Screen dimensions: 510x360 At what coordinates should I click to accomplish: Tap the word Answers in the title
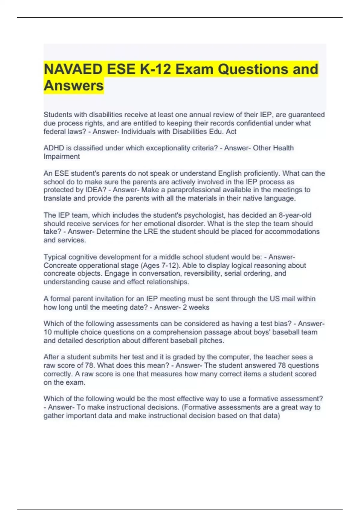pyautogui.click(x=74, y=85)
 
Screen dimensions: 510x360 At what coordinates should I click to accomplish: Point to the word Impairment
pyautogui.click(x=61, y=156)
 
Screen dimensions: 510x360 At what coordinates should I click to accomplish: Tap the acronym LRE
pyautogui.click(x=150, y=232)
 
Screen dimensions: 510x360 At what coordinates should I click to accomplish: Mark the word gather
pyautogui.click(x=54, y=416)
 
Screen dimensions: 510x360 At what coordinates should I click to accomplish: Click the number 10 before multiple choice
pyautogui.click(x=48, y=332)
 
